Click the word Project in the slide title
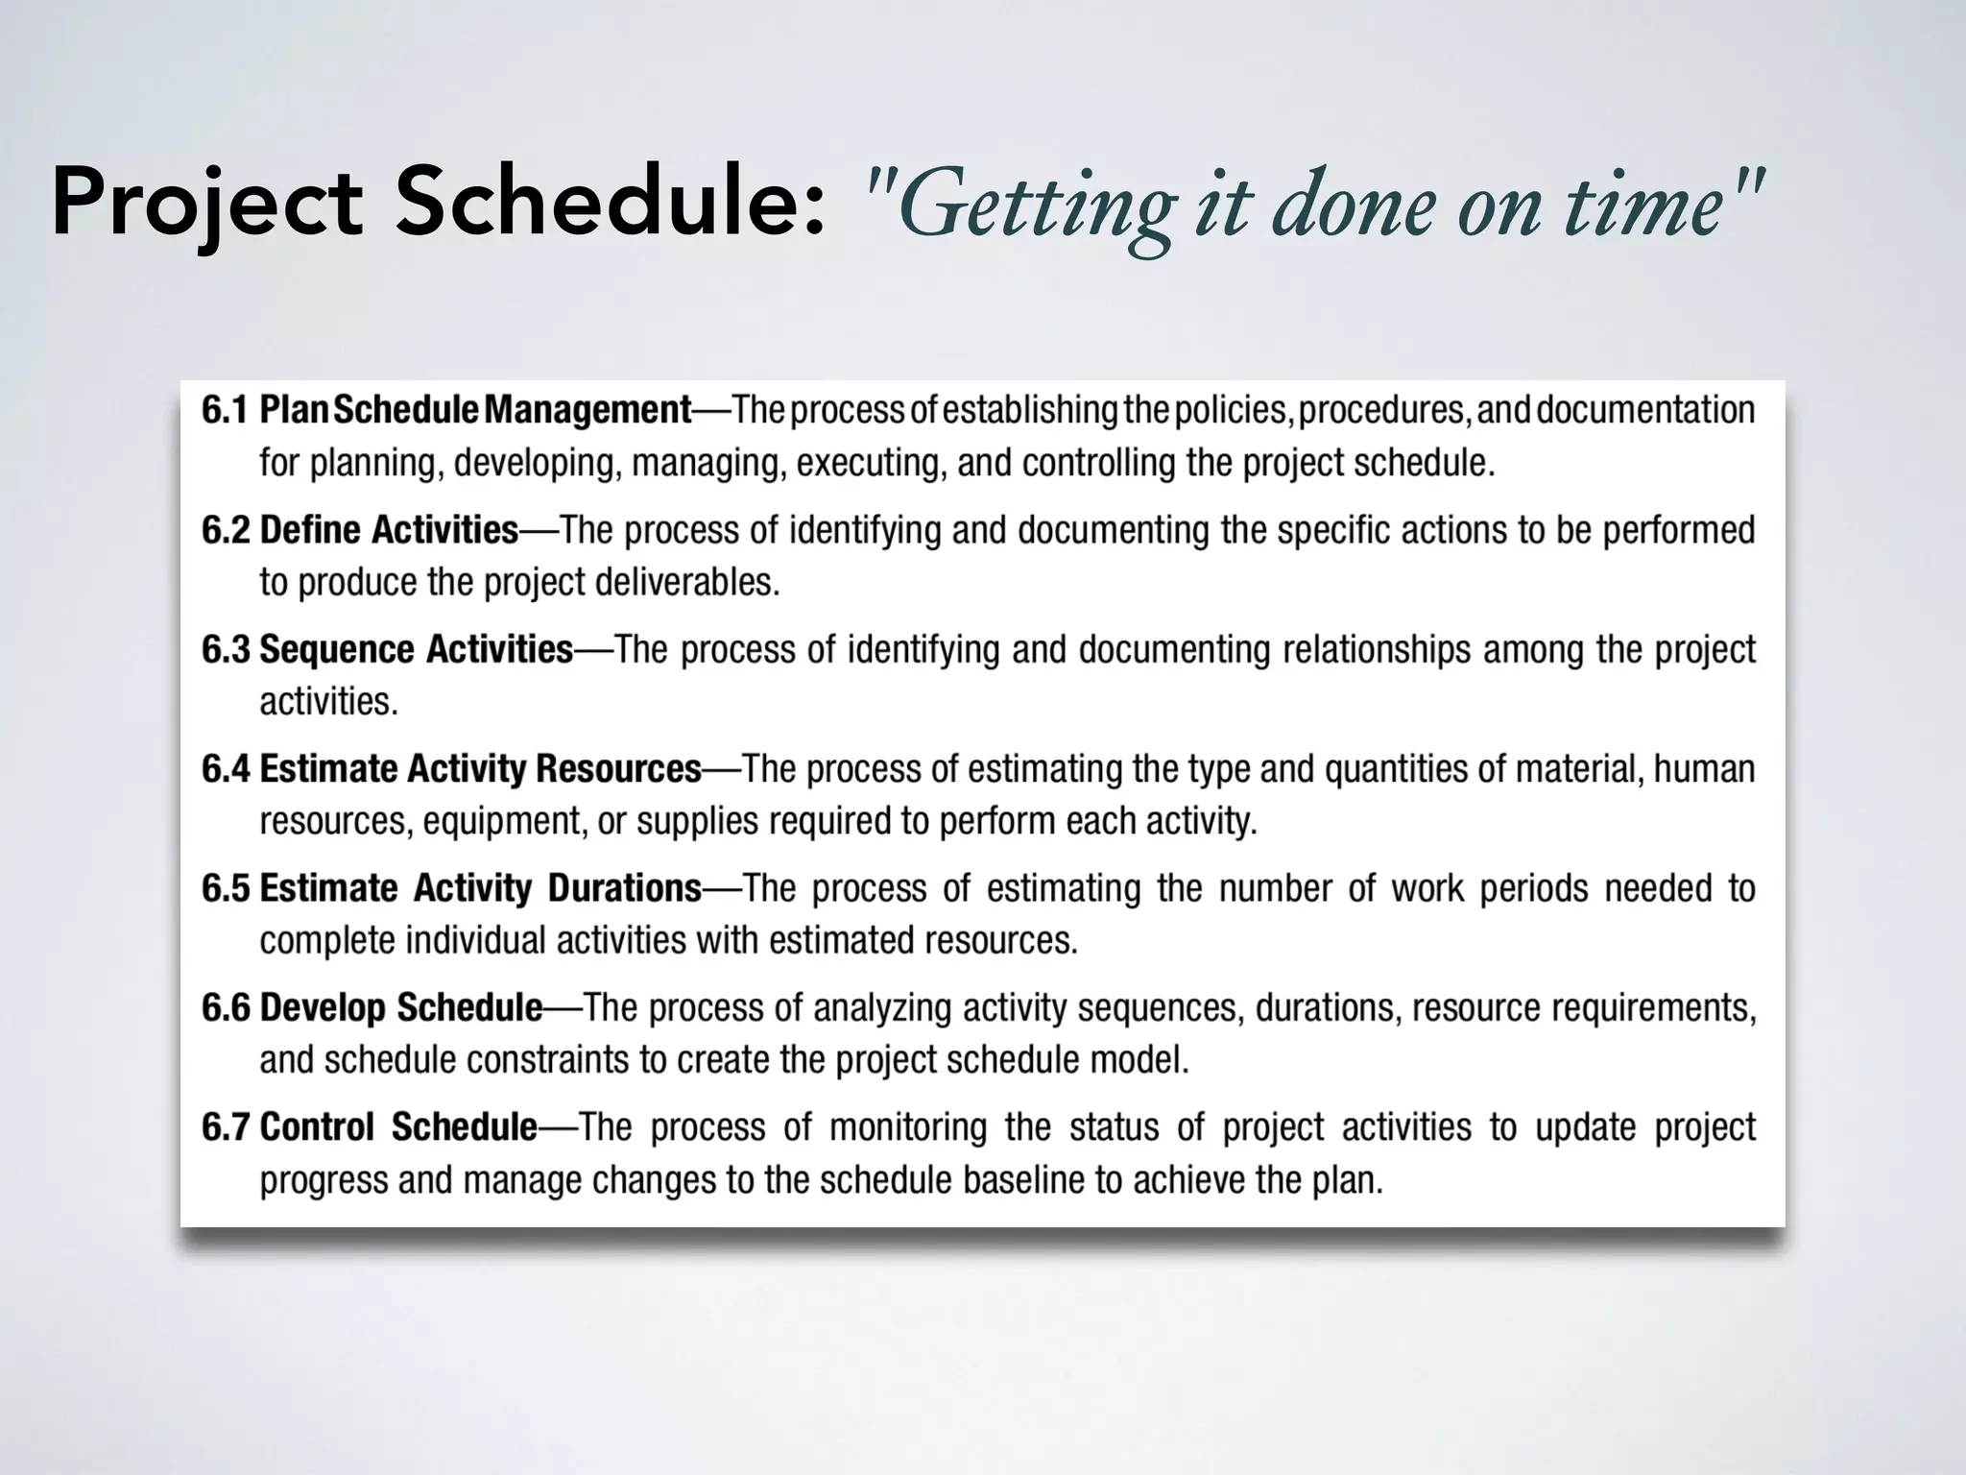[206, 204]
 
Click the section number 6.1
[226, 410]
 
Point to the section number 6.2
[226, 530]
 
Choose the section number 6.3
[226, 649]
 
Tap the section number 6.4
[226, 768]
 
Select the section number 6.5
[226, 888]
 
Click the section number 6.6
[226, 1007]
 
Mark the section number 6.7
[226, 1126]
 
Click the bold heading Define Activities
[389, 530]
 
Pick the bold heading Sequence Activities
[416, 649]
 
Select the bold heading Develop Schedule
[401, 1007]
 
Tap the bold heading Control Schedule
[398, 1126]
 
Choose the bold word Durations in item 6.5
[624, 888]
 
